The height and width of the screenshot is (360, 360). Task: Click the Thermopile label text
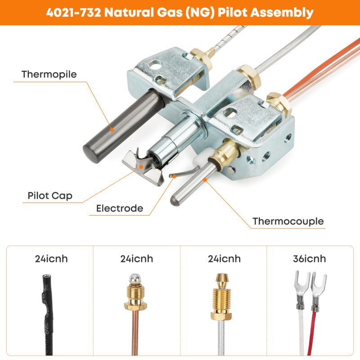49,75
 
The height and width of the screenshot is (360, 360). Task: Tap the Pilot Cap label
50,196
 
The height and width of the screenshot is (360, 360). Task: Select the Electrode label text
120,208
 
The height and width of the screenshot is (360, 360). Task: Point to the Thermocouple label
288,221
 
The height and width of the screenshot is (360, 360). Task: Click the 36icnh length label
310,259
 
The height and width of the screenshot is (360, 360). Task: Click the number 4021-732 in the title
73,13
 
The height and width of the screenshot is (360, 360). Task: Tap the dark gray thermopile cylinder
123,126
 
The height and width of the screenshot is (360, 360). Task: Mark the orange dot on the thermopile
112,130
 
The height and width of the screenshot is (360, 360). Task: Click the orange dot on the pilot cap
142,167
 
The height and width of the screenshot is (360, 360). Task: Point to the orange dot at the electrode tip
175,176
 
